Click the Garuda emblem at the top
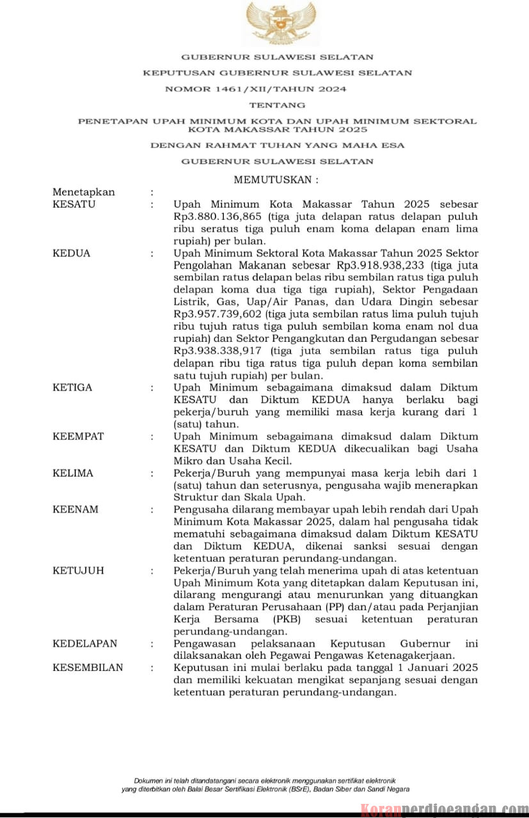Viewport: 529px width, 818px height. [x=281, y=23]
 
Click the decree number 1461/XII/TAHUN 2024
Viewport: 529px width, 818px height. [x=256, y=89]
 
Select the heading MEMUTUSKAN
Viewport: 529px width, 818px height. [x=276, y=180]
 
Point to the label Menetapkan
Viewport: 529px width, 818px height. [x=84, y=192]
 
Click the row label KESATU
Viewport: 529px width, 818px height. [x=74, y=204]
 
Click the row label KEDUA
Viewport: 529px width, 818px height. [x=71, y=253]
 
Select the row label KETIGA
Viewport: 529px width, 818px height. [x=72, y=387]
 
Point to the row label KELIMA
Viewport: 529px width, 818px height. [x=72, y=474]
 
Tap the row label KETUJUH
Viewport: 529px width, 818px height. [x=78, y=571]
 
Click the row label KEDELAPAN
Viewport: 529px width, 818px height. [x=86, y=644]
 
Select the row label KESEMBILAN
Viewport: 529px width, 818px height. [x=88, y=668]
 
